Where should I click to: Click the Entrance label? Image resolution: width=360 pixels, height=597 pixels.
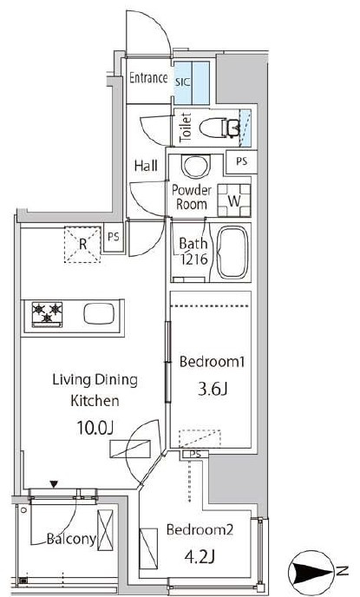click(x=148, y=78)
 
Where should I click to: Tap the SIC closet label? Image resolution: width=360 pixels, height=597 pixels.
click(x=183, y=82)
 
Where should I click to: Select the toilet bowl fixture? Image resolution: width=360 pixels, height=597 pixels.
click(x=219, y=128)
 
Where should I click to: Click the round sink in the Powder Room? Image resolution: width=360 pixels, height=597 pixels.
click(x=196, y=166)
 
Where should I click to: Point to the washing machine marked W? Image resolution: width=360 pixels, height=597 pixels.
click(x=234, y=200)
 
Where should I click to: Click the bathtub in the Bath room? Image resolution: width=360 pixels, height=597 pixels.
click(x=232, y=253)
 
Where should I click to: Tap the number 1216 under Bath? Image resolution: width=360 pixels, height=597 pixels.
click(x=194, y=259)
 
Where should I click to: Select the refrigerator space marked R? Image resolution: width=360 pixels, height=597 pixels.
click(x=82, y=245)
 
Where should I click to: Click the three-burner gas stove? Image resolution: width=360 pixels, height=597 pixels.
click(x=47, y=314)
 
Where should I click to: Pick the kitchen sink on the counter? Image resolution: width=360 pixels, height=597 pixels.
click(x=99, y=314)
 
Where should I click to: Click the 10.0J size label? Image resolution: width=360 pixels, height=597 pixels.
click(x=95, y=428)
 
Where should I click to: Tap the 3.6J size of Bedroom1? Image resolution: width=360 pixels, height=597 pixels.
click(x=213, y=390)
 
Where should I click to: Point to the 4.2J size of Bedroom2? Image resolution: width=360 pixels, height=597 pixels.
click(x=200, y=557)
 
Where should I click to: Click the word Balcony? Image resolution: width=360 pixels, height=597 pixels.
click(x=71, y=539)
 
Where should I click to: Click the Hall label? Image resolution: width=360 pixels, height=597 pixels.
click(x=146, y=166)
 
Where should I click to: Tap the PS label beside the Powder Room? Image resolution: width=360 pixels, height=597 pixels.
click(x=241, y=161)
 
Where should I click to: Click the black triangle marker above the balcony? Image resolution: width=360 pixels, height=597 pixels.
click(x=54, y=484)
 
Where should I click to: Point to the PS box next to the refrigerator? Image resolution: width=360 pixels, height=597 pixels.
click(x=114, y=238)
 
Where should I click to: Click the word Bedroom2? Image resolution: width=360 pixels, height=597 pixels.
click(x=200, y=529)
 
